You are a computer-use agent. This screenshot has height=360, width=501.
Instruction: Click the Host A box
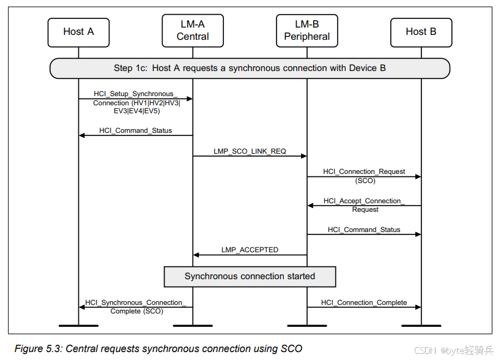click(x=78, y=32)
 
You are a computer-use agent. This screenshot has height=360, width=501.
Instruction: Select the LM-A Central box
click(x=193, y=31)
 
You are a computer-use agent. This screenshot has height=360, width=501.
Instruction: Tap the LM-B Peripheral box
click(x=306, y=31)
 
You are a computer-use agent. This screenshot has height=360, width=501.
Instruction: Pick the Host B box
click(x=421, y=32)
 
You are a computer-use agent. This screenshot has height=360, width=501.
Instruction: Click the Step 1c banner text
click(x=250, y=68)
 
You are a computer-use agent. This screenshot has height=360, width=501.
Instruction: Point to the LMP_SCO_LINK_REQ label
click(x=250, y=151)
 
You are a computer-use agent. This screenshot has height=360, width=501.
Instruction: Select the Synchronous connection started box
click(x=250, y=276)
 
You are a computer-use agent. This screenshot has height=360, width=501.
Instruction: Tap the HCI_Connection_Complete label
click(x=364, y=302)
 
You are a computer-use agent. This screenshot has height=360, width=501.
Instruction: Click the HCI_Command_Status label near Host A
click(x=135, y=130)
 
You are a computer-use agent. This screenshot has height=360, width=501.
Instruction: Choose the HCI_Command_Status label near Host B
click(x=364, y=230)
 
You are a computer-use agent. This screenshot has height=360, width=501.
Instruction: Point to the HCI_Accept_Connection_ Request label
click(x=365, y=205)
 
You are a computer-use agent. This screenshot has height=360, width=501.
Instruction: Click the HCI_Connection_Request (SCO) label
click(x=364, y=176)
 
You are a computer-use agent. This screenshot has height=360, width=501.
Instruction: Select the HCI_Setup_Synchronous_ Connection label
click(x=136, y=102)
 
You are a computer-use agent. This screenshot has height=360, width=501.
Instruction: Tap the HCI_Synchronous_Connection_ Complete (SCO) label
click(x=136, y=307)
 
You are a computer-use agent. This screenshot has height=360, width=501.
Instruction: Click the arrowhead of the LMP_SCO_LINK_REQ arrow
click(x=303, y=156)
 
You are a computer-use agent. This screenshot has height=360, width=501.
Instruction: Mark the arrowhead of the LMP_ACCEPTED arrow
click(x=196, y=255)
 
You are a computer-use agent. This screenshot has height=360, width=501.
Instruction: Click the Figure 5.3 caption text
click(x=158, y=348)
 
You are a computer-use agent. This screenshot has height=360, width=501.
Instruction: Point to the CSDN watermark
click(x=453, y=350)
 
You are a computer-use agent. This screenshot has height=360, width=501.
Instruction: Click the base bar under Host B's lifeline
click(x=421, y=325)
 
